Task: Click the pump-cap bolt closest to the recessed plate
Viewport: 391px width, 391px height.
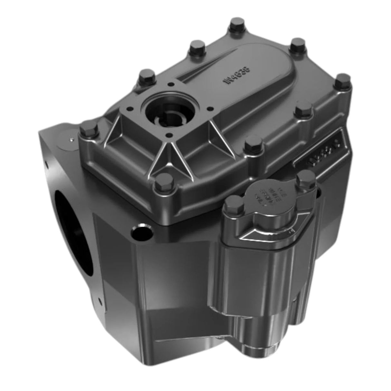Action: point(305,177)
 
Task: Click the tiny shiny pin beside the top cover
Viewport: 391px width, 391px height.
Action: point(71,139)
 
